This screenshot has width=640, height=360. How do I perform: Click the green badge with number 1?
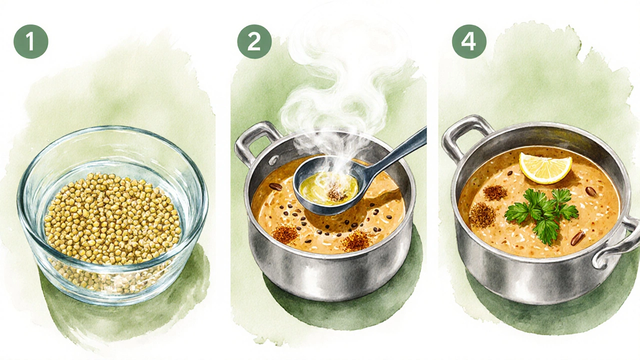(31, 41)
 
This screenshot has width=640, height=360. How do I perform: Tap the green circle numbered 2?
(254, 41)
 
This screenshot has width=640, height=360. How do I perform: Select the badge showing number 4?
(469, 41)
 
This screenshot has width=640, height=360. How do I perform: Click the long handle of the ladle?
(397, 154)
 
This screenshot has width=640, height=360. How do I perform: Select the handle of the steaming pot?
(255, 141)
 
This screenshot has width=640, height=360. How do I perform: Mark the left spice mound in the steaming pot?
(285, 233)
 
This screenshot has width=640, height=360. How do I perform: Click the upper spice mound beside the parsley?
(495, 193)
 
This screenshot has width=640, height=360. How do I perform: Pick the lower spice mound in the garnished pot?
(482, 215)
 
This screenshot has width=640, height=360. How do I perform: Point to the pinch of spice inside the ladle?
(336, 194)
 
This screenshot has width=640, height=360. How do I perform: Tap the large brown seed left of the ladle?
(275, 187)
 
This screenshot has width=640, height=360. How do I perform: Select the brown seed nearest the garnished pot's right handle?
(577, 238)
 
